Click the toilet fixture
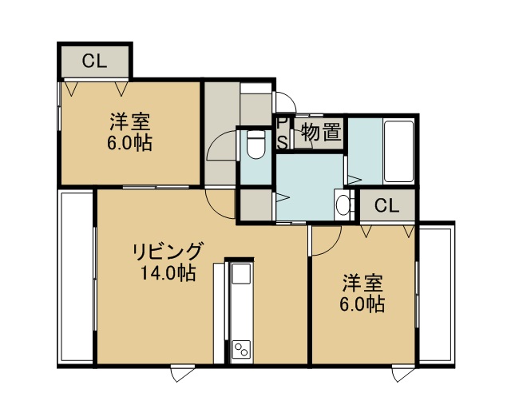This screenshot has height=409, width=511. click(x=255, y=145)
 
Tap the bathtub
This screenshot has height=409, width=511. click(x=399, y=152)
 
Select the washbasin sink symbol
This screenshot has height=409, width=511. click(x=343, y=204)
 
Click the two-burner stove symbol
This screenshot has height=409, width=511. click(x=241, y=348)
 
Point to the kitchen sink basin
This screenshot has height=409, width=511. click(x=241, y=274)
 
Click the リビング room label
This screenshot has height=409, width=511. click(x=168, y=252)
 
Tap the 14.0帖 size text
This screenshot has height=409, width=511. click(x=168, y=273)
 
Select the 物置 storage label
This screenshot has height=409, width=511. click(x=322, y=132)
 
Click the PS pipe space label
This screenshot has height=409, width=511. click(x=283, y=133)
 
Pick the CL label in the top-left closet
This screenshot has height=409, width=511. click(x=94, y=61)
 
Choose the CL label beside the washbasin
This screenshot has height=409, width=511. click(x=386, y=205)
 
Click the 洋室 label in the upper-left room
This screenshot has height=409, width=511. click(x=130, y=121)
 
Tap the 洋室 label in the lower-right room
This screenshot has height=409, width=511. click(x=362, y=283)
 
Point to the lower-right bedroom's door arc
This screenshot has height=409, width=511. click(x=333, y=247)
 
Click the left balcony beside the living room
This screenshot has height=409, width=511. click(x=77, y=277)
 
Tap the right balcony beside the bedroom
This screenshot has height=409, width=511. click(x=436, y=294)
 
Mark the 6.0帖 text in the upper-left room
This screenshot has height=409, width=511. click(x=130, y=143)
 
